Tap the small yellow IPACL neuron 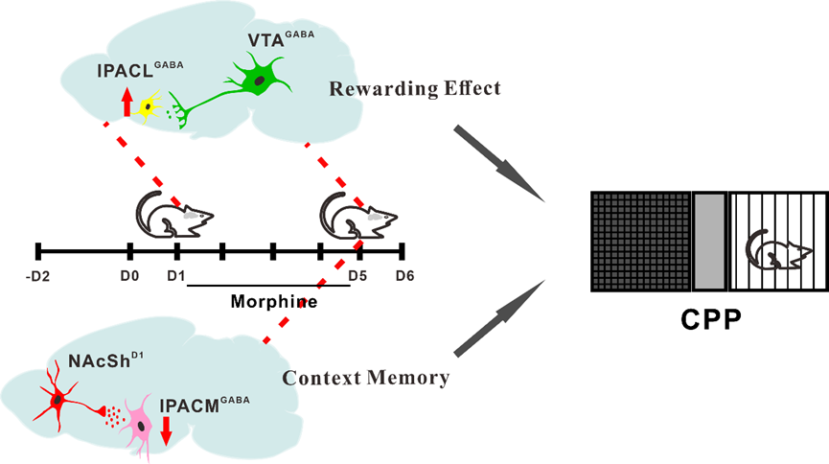pyautogui.click(x=150, y=106)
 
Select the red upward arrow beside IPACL pyautogui.click(x=127, y=100)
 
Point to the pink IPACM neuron pyautogui.click(x=142, y=421)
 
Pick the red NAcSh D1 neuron pyautogui.click(x=58, y=398)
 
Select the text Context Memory pyautogui.click(x=365, y=378)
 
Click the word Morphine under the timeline pyautogui.click(x=274, y=301)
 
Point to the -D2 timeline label pyautogui.click(x=37, y=277)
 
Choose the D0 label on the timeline pyautogui.click(x=129, y=277)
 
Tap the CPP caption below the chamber pyautogui.click(x=707, y=318)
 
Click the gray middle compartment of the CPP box pyautogui.click(x=708, y=241)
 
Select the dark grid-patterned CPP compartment pyautogui.click(x=639, y=241)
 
